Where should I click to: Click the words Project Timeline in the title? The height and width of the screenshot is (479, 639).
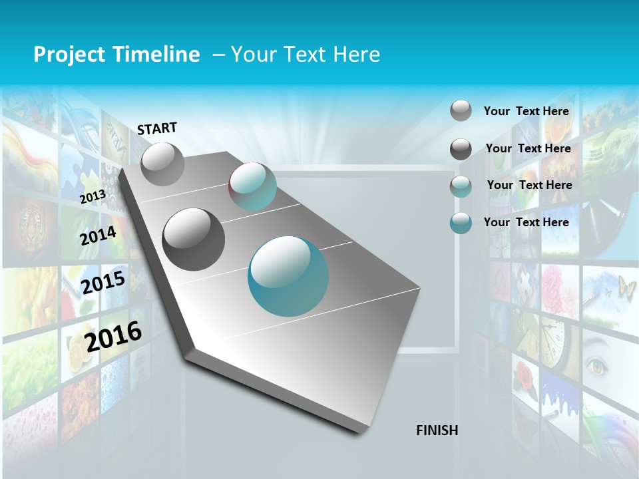pos(116,55)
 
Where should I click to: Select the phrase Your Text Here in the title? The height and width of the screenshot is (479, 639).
pos(306,55)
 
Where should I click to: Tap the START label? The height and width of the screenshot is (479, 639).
pos(157,128)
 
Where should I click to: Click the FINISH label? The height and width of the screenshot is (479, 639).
pos(437,430)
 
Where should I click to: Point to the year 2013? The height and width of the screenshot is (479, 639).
pos(93,197)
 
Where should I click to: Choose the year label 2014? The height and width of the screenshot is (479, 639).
pos(98,236)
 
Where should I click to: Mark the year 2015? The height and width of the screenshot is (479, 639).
pos(103,282)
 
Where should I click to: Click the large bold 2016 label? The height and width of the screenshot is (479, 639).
pos(113,336)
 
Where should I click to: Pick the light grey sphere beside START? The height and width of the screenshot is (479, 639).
pos(162,164)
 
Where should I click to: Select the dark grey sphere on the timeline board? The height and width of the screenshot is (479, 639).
pos(194,239)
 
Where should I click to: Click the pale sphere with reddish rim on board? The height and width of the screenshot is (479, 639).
pos(252,186)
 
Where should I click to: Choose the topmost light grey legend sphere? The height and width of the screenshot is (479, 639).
pos(461,110)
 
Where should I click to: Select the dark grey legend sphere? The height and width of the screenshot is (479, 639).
pos(461,149)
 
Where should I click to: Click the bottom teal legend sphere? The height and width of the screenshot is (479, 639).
pos(461,223)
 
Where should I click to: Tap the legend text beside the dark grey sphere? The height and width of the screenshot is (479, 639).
pos(528,148)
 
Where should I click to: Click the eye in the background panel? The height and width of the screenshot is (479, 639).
pos(597,365)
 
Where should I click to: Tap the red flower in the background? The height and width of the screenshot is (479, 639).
pos(526,377)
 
